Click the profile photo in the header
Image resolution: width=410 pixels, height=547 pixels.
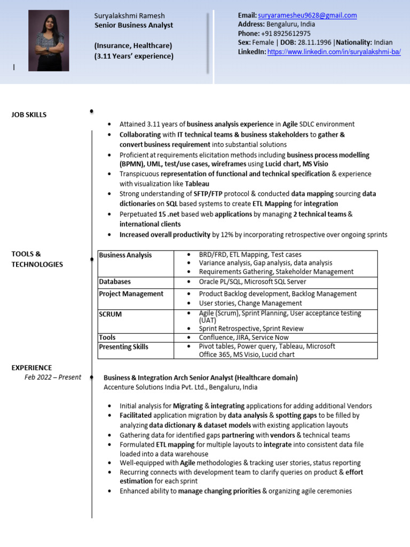tap(49, 41)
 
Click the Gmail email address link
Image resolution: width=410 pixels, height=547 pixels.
tap(307, 15)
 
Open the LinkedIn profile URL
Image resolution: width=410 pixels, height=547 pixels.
tap(334, 52)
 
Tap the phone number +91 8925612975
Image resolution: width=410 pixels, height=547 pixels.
tap(289, 33)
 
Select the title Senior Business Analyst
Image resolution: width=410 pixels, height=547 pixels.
tap(133, 25)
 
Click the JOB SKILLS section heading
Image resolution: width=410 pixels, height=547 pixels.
tap(29, 115)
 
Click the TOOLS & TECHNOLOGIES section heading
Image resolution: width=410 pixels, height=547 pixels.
tap(37, 259)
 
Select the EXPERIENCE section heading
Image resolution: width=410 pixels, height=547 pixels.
tap(31, 368)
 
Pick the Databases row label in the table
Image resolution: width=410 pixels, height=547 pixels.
tap(115, 282)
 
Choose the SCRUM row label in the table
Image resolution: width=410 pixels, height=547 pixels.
tap(110, 314)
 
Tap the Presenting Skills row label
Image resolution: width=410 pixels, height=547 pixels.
tap(123, 347)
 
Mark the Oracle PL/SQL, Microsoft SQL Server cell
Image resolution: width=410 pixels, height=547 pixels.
tap(253, 282)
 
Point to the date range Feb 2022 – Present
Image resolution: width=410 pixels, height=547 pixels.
tap(53, 377)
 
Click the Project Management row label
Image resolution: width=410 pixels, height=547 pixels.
tap(131, 294)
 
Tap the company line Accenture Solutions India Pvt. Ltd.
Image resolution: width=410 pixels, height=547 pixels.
tap(180, 387)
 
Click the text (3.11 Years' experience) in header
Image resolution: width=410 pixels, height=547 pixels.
tap(133, 56)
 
